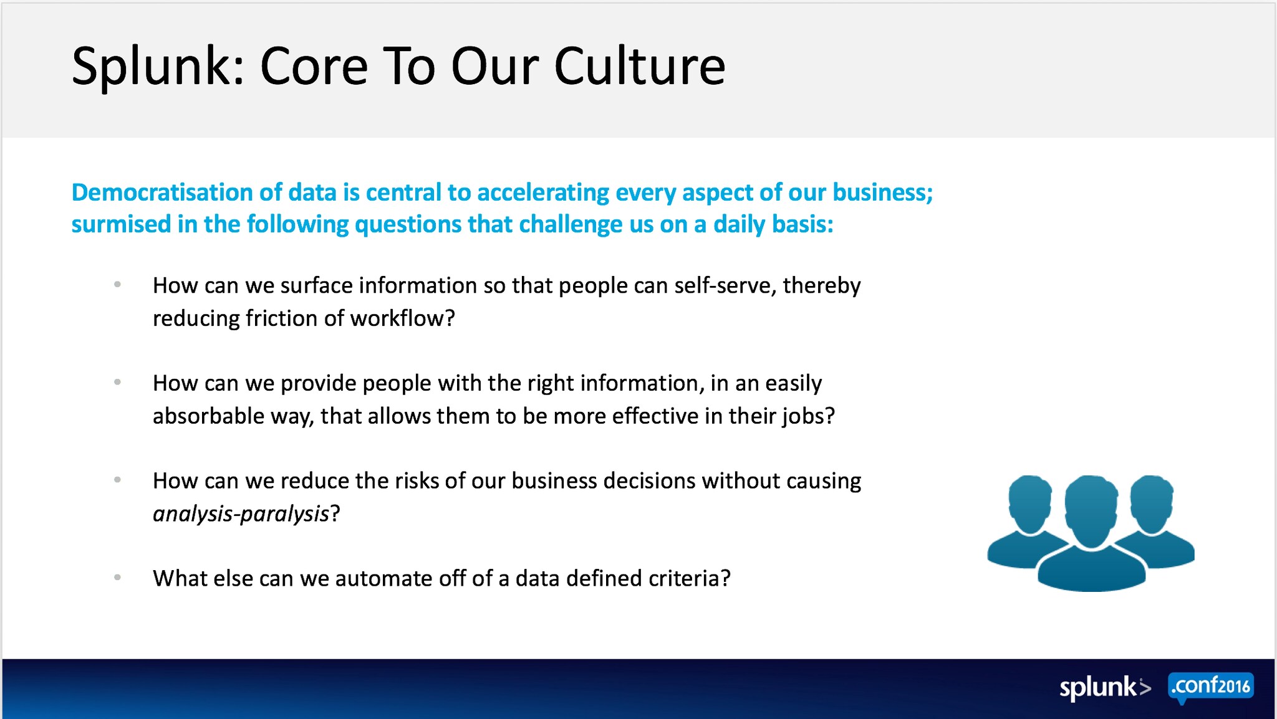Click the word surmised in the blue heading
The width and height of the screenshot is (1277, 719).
coord(121,224)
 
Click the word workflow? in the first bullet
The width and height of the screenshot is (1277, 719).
coord(403,318)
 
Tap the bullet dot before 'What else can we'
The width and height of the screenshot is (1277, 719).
coord(117,578)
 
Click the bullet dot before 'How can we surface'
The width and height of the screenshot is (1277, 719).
coord(117,285)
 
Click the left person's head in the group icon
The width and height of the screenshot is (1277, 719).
coord(1029,503)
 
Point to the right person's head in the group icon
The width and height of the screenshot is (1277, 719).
coord(1152,503)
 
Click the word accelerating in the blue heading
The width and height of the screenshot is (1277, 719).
coord(543,193)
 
